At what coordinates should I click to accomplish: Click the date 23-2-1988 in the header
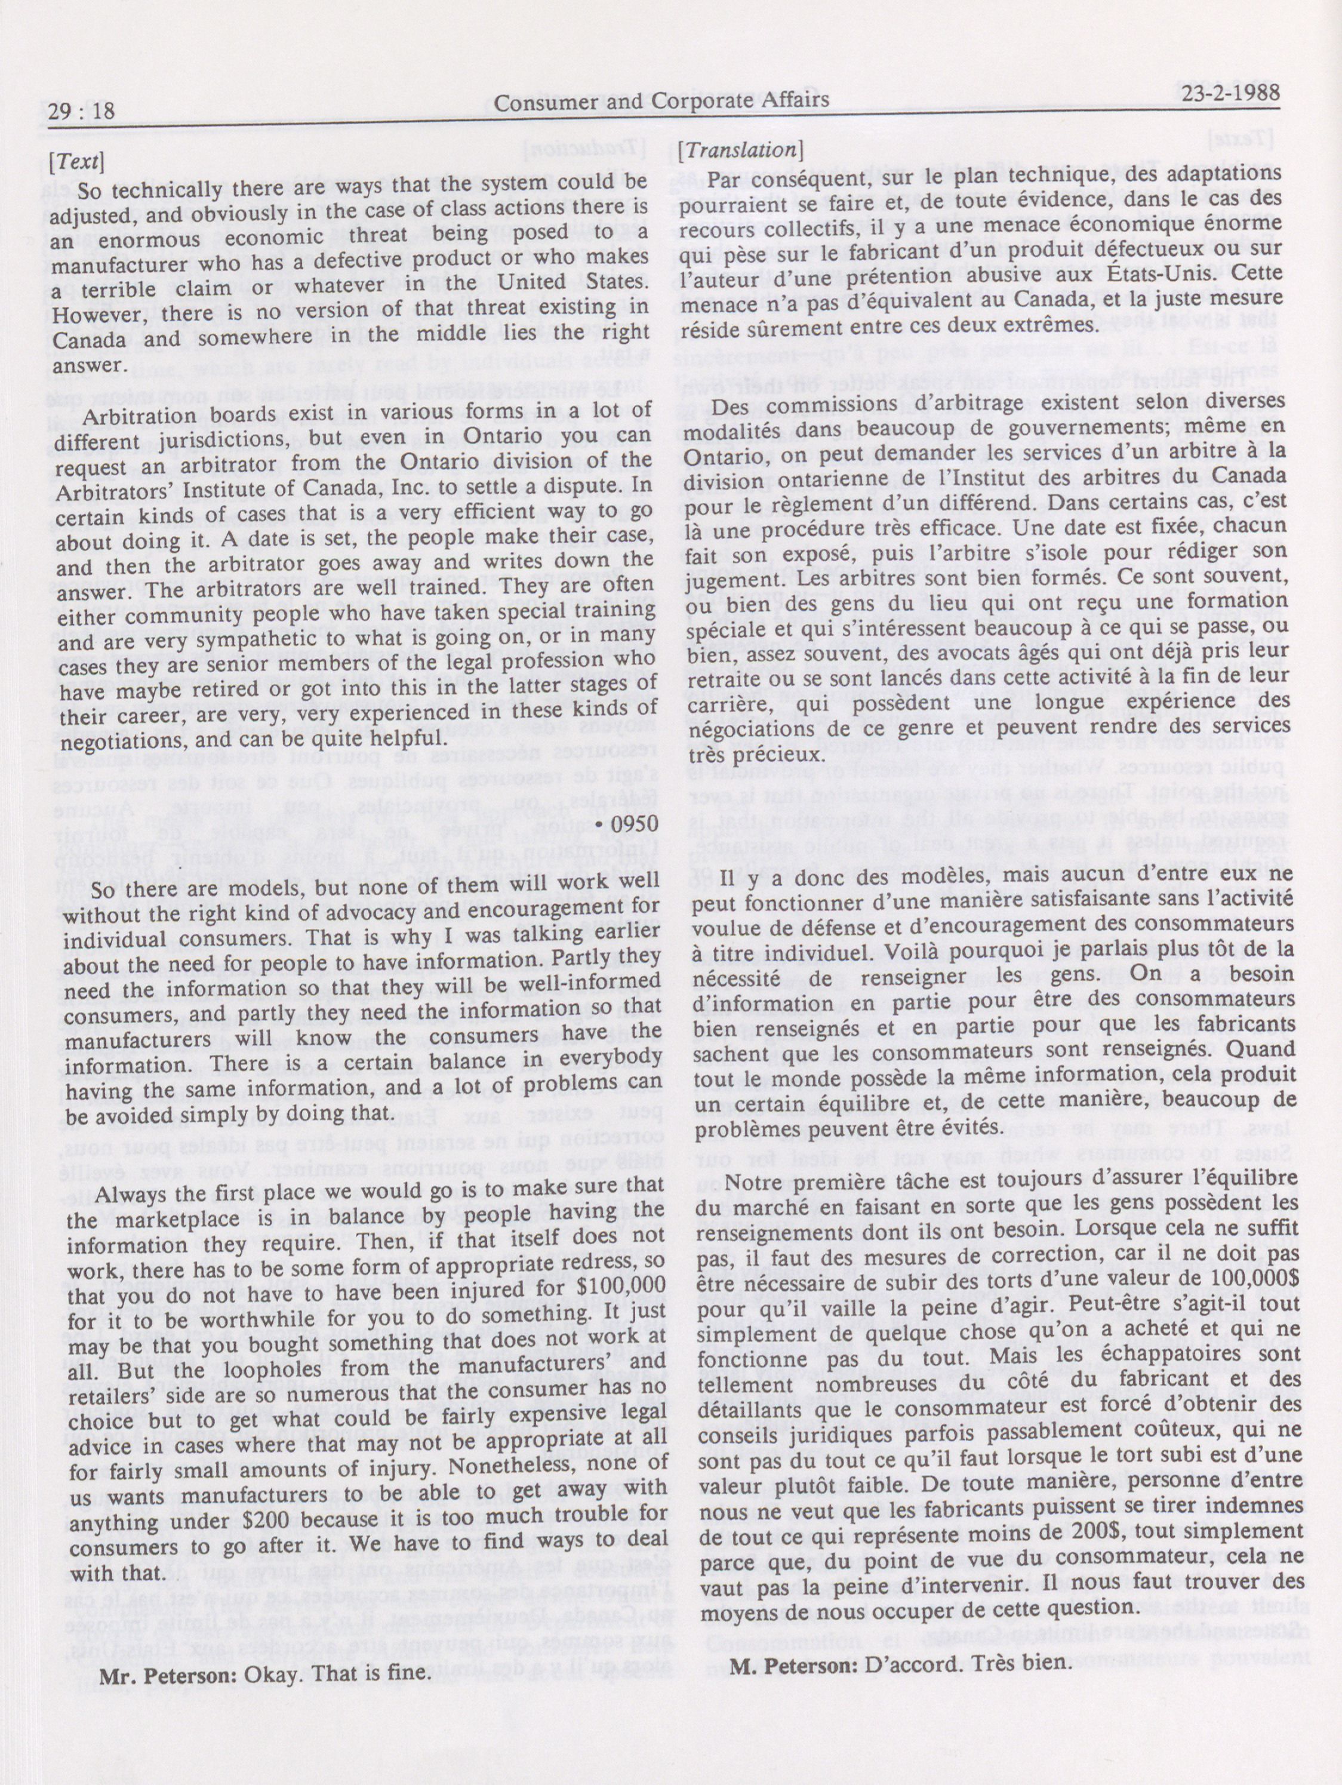pos(1230,92)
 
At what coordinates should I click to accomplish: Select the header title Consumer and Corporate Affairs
pos(661,101)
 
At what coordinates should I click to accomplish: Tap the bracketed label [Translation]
pos(740,150)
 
